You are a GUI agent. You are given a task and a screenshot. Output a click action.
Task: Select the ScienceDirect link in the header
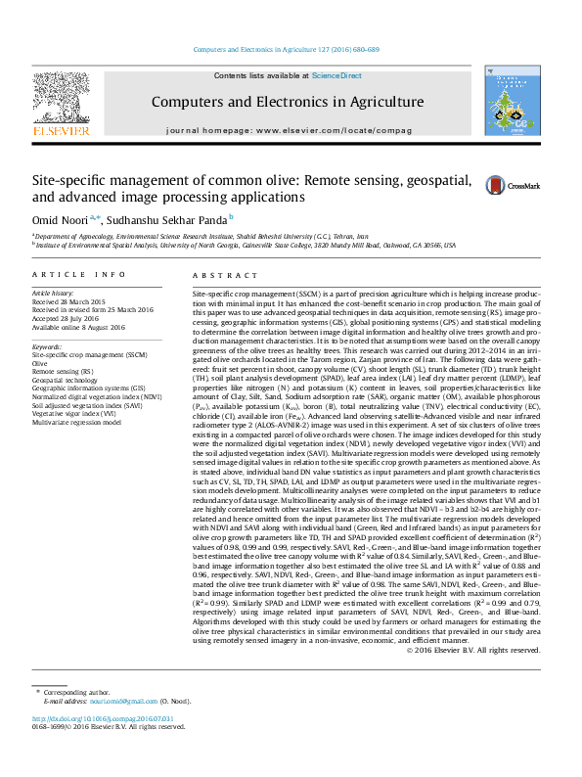click(336, 75)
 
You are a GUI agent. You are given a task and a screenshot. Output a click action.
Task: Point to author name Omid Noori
click(59, 217)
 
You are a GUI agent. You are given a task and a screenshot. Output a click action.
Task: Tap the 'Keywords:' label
click(48, 346)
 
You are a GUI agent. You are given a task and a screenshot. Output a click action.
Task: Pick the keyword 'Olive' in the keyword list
click(41, 363)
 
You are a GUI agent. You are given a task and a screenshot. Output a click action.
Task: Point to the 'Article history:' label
click(54, 293)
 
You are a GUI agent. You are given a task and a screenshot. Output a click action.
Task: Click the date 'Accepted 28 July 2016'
click(69, 317)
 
